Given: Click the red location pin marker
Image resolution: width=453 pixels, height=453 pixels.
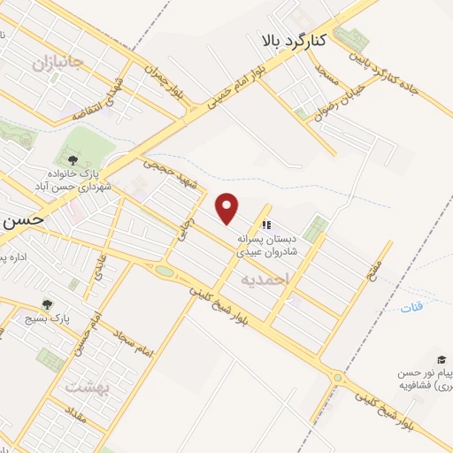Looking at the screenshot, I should coord(228,209).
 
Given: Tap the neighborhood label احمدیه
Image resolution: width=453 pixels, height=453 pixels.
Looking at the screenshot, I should coord(264,279).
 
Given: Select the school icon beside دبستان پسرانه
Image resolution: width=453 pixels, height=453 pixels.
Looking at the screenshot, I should coord(266,225).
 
